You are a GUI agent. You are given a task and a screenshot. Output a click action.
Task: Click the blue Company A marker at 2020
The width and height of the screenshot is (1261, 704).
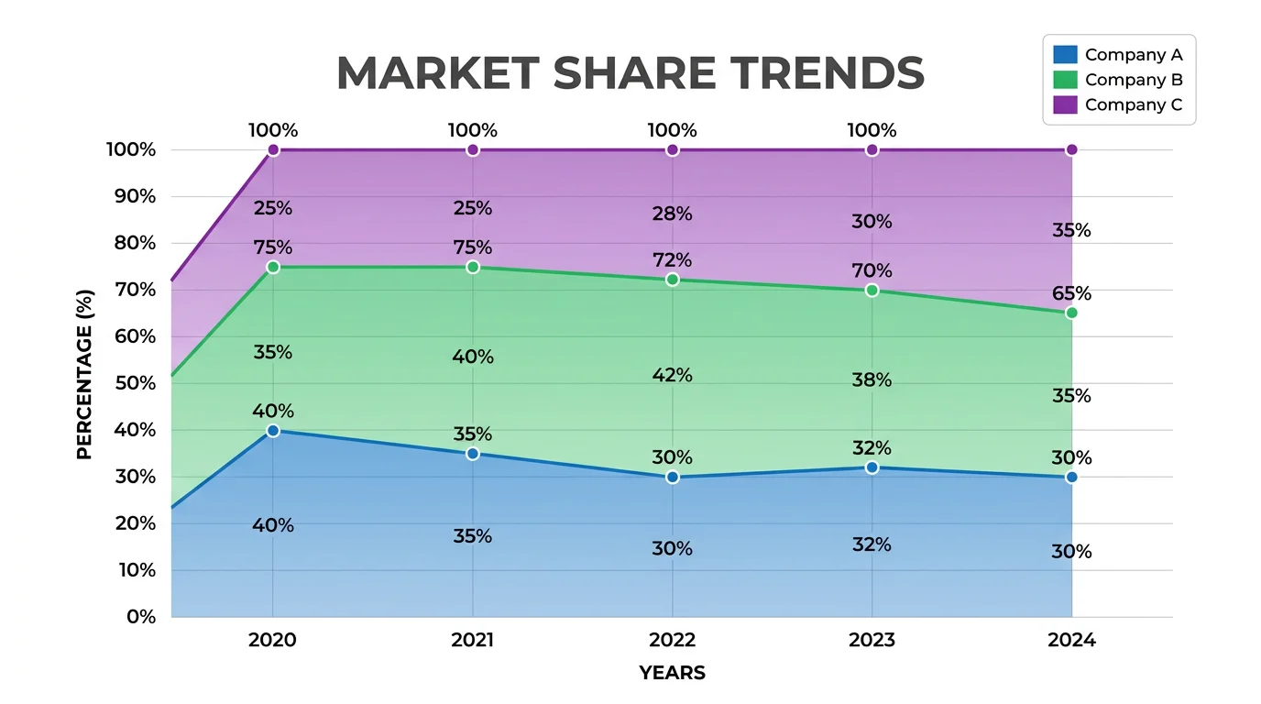pos(273,431)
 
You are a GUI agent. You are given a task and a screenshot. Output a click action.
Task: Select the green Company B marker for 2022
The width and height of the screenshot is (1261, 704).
pos(673,280)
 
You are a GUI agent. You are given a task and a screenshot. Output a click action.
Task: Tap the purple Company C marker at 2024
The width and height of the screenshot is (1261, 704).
pos(1071,149)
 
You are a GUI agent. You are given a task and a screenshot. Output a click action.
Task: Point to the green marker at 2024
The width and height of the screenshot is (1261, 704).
pos(1071,313)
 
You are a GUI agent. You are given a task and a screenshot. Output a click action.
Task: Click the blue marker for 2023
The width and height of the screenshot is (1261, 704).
pos(872,467)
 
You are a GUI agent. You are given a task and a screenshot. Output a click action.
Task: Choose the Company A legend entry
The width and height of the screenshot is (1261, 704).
pos(1133,55)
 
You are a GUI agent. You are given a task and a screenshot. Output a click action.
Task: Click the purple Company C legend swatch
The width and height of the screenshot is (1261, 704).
pos(1065,104)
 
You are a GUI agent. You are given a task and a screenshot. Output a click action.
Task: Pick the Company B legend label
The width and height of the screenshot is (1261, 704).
pos(1133,80)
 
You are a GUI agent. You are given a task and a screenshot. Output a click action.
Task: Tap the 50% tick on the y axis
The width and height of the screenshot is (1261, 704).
pos(135,383)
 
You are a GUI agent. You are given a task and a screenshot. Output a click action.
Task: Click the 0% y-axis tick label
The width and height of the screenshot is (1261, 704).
pos(141,617)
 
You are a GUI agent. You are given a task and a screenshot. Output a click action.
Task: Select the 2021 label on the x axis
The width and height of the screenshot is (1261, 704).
pos(473,640)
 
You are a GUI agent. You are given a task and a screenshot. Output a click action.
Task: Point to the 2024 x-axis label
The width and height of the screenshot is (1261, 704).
pos(1071,640)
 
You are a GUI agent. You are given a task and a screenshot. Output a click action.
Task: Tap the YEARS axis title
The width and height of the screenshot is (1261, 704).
pos(672,673)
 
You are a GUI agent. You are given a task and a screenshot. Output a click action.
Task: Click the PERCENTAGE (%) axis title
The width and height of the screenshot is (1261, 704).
pos(84,373)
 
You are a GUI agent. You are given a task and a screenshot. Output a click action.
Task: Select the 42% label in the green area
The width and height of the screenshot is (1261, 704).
pos(673,375)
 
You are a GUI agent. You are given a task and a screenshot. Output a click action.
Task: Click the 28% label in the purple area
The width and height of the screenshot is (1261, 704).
pos(673,214)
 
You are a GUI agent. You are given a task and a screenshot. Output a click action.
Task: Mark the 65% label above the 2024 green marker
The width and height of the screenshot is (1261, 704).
pos(1071,293)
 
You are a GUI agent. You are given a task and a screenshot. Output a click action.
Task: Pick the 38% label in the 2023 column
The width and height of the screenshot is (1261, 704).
pos(872,379)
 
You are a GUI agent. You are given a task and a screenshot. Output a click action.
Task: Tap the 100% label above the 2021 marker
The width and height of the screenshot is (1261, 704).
pos(473,130)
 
